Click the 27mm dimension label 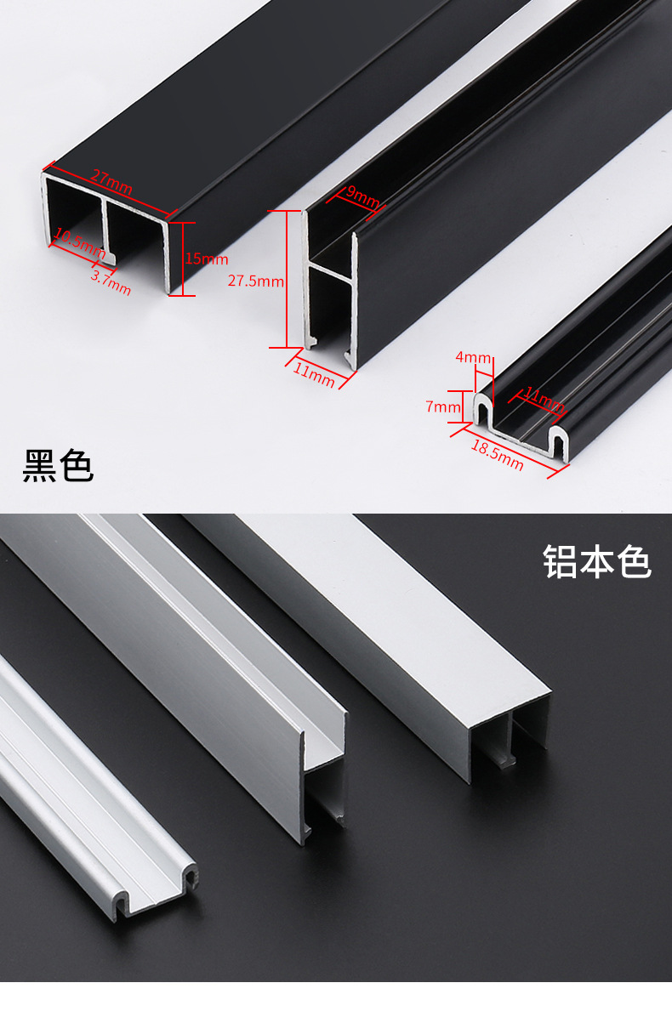tap(111, 182)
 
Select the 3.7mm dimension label tap(111, 282)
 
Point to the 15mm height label tap(207, 259)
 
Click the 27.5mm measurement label tap(255, 281)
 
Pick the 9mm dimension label tap(362, 198)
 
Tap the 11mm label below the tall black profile tap(315, 373)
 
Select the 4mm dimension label tap(473, 357)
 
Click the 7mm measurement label tap(442, 407)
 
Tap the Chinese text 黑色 tap(58, 465)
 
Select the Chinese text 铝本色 tap(597, 562)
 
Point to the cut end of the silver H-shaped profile tap(324, 782)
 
